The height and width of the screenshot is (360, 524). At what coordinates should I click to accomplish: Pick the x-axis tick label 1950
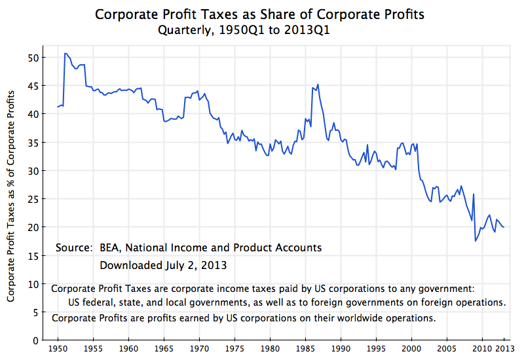58,349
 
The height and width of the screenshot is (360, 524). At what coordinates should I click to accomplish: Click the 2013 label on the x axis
503,349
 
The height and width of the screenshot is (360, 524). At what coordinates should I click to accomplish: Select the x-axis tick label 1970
199,349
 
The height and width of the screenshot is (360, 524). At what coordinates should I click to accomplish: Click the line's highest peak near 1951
65,53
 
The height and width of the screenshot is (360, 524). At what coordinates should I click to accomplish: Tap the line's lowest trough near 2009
476,241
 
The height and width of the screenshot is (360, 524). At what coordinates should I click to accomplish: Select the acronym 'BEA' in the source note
111,248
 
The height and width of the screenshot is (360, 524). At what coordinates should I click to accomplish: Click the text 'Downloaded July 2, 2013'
163,265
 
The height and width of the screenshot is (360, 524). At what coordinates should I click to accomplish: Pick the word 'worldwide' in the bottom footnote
344,318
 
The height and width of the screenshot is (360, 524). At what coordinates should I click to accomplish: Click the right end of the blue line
504,227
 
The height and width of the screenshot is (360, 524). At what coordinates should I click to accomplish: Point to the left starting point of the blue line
58,107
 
